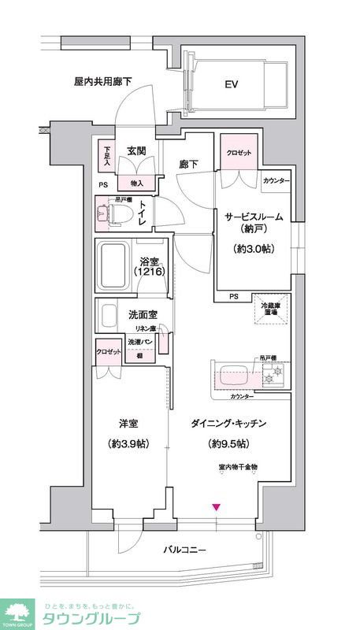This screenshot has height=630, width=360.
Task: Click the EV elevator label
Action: [232, 84]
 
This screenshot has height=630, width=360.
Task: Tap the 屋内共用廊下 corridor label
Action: [102, 80]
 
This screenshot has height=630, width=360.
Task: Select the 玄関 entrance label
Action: [138, 151]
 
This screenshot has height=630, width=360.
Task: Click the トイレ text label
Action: [143, 213]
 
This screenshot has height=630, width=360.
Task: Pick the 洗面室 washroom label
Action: [143, 315]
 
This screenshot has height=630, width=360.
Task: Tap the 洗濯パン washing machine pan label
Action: [139, 341]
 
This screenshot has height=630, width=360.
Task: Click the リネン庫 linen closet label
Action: [143, 328]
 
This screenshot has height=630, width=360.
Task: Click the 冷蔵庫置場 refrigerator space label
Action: [270, 309]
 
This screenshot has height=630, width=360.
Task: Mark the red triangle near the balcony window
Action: [217, 506]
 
